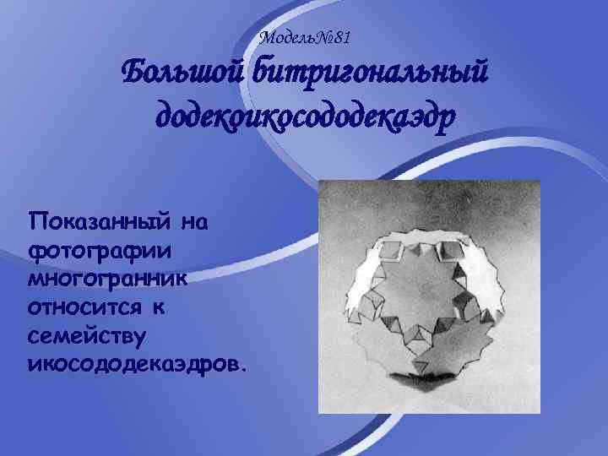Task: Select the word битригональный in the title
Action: coord(369,74)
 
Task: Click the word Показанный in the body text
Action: coord(99,223)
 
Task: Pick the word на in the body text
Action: coord(195,223)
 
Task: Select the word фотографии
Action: coord(99,252)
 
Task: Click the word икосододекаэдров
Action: coord(135,364)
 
